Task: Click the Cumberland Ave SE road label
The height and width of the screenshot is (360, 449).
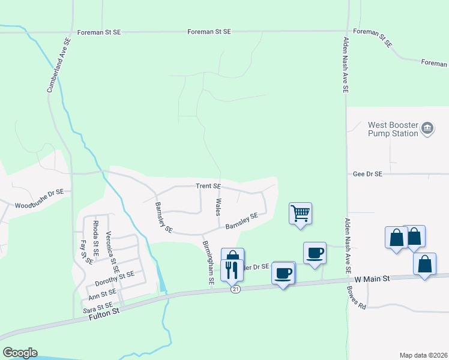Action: click(x=59, y=65)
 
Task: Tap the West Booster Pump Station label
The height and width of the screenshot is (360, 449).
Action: click(x=393, y=129)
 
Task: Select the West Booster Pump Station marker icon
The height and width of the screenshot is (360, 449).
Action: click(x=427, y=128)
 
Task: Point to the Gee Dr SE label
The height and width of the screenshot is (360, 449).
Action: click(x=367, y=174)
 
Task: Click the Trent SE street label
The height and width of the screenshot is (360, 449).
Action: click(x=209, y=187)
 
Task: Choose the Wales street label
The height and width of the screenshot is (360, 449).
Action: click(x=219, y=208)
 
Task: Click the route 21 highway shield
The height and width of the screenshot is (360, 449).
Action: click(x=237, y=290)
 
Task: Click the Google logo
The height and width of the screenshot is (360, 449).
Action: click(x=20, y=353)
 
